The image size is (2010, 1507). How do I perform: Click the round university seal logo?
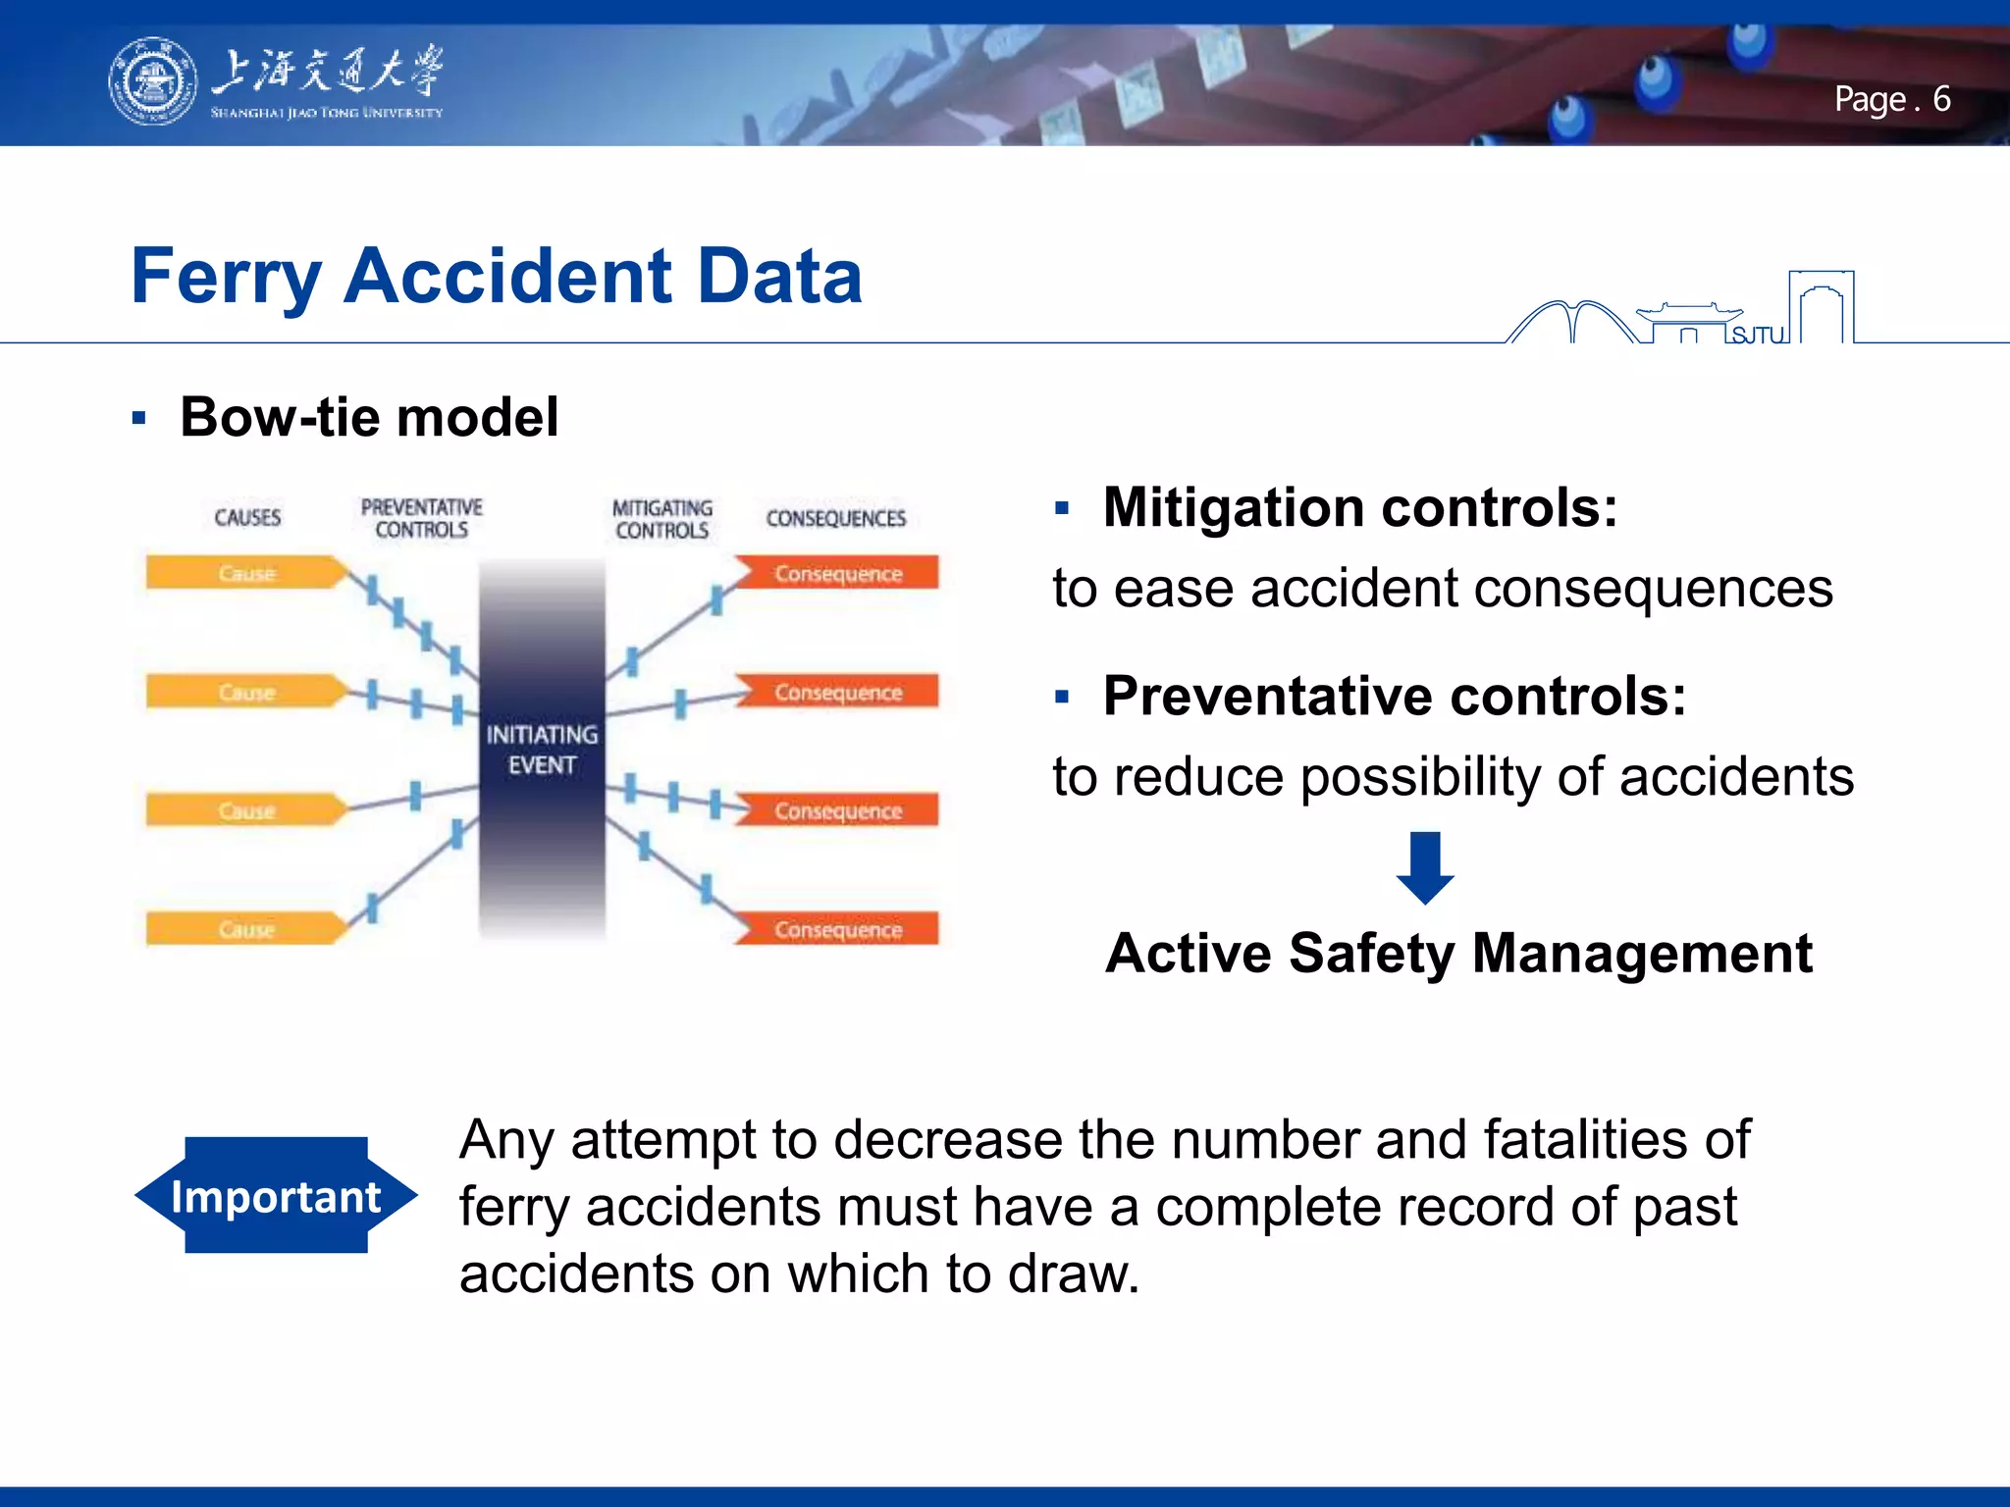[x=151, y=81]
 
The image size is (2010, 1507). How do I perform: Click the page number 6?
[x=1940, y=99]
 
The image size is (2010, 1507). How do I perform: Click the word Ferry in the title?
[x=226, y=277]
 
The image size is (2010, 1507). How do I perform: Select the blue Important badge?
[x=276, y=1196]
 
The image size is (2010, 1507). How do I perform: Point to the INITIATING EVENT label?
[x=542, y=750]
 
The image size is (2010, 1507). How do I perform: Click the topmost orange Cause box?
[x=245, y=573]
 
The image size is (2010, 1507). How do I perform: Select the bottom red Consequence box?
[x=837, y=929]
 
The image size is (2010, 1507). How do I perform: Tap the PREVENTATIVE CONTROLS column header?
[x=422, y=518]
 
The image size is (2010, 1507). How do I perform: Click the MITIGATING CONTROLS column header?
[x=662, y=519]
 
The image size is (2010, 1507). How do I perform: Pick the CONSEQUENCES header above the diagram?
[x=835, y=518]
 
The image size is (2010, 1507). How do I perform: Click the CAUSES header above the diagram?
[x=247, y=517]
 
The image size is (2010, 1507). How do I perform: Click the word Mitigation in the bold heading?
[x=1233, y=508]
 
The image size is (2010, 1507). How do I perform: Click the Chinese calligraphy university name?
[x=327, y=73]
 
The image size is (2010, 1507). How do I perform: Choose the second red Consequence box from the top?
[x=837, y=692]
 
